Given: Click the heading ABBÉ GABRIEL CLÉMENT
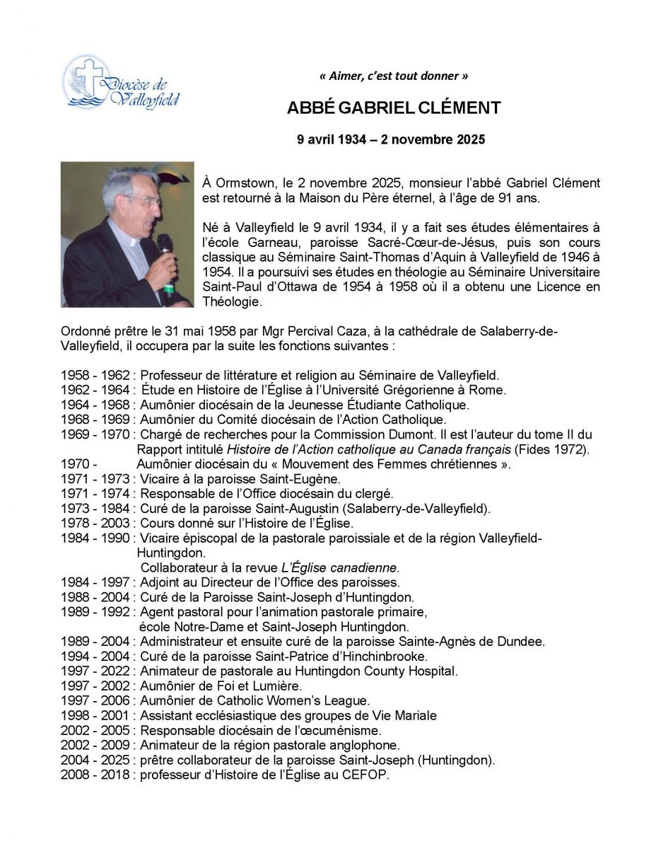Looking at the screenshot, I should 394,108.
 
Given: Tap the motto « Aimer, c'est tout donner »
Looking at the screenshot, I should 393,76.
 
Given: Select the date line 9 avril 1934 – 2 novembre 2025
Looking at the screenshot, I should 391,139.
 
